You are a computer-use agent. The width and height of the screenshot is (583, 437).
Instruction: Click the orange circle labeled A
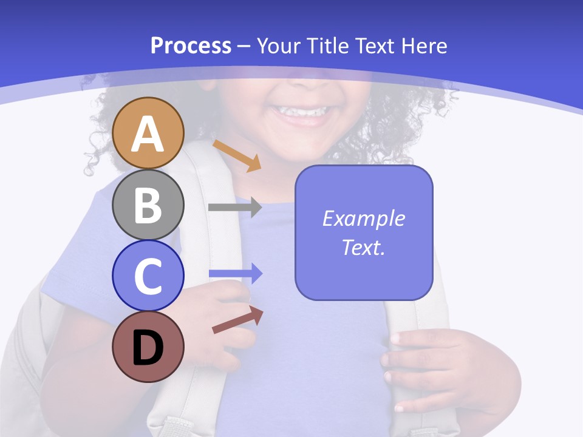click(x=148, y=133)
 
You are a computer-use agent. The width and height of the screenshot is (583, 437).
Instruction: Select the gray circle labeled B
click(x=148, y=205)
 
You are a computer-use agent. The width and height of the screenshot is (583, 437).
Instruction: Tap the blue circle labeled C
click(x=148, y=276)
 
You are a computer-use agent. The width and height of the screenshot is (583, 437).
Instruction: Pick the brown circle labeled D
click(x=148, y=347)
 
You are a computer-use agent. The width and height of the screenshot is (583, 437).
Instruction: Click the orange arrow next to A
click(x=237, y=155)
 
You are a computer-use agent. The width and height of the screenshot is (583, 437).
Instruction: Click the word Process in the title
click(x=191, y=46)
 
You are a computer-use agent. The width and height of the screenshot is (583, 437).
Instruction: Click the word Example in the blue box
click(x=363, y=218)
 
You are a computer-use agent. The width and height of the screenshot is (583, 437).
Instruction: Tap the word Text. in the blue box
click(x=363, y=247)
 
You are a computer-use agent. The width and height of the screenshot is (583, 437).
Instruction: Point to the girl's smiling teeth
click(x=302, y=112)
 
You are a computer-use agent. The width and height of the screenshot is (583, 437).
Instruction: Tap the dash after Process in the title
click(x=244, y=46)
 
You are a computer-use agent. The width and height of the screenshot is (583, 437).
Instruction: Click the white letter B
click(x=148, y=205)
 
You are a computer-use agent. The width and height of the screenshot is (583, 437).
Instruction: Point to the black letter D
click(x=148, y=348)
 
